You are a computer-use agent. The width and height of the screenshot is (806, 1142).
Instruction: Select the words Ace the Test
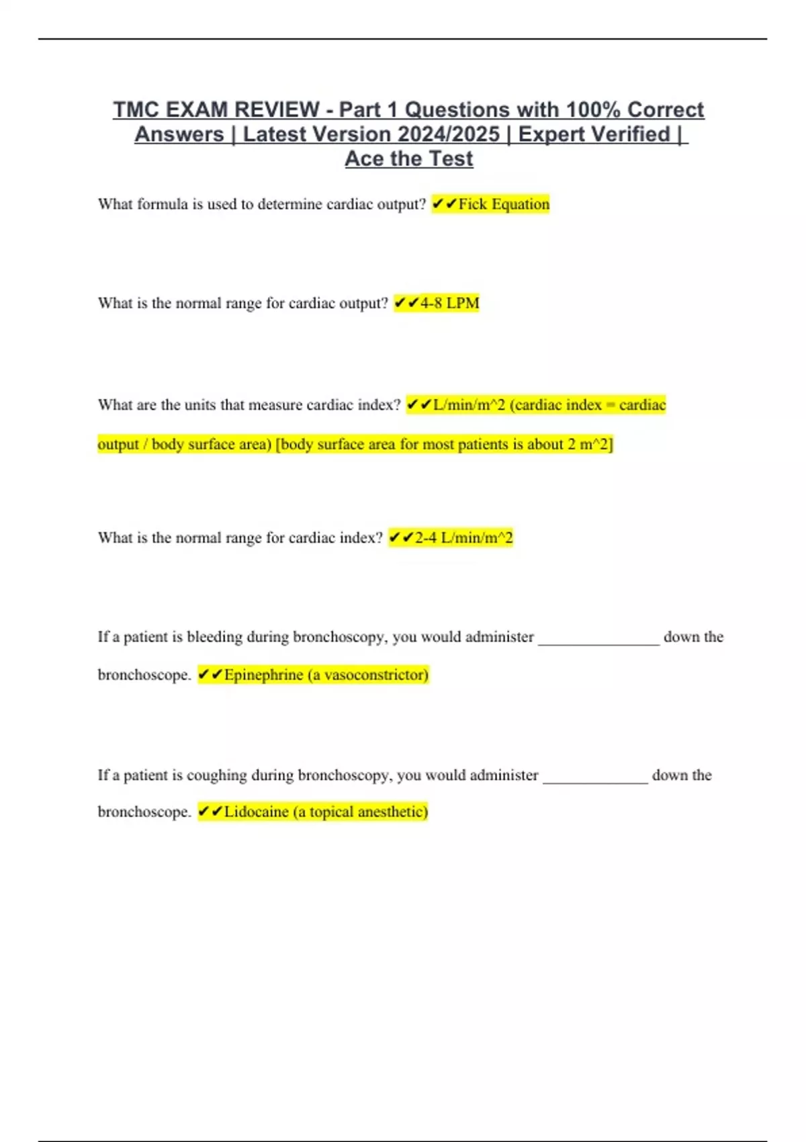(x=408, y=159)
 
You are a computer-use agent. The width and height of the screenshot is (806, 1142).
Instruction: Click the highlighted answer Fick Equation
(x=504, y=204)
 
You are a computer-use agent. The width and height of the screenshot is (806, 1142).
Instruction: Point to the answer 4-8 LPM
(x=449, y=304)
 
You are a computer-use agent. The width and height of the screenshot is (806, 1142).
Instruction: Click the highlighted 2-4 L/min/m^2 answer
(x=463, y=538)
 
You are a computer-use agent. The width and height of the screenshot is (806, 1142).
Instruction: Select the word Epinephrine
(x=263, y=675)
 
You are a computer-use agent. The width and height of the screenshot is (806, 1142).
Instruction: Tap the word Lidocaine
(x=256, y=812)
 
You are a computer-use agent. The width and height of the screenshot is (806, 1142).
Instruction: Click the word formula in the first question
(x=162, y=204)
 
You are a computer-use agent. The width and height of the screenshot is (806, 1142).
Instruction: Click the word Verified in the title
(x=631, y=134)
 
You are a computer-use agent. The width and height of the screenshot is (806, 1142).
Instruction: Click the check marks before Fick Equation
(x=444, y=204)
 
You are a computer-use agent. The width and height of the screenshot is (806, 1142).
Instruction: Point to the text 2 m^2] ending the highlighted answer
(x=590, y=445)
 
